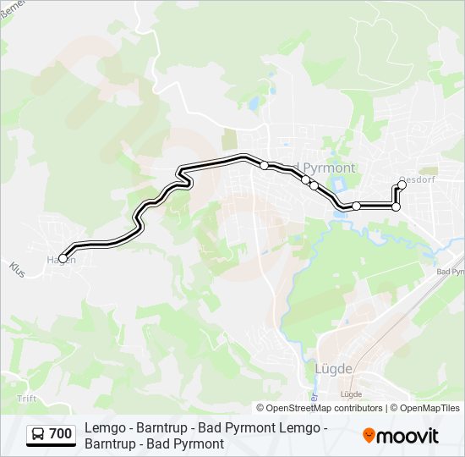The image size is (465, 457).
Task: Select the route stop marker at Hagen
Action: coord(63,259)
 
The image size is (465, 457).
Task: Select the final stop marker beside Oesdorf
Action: coord(402,185)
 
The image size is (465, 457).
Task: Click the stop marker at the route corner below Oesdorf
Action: coord(396,206)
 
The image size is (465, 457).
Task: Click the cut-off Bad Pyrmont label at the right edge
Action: coord(450,272)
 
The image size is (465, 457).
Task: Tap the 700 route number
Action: coord(60,435)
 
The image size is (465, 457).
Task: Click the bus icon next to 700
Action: coord(38,435)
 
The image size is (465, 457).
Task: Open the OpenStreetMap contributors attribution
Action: coord(320,408)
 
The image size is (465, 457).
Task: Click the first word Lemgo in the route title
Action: coord(104,429)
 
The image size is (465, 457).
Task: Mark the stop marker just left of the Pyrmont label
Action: coord(265,165)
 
